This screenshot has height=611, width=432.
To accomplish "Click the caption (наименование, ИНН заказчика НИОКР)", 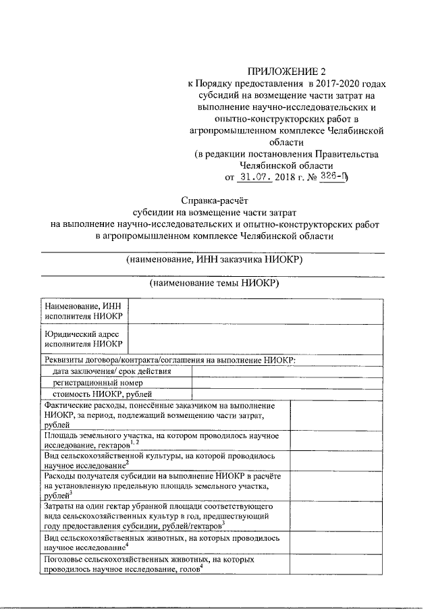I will point(215,260).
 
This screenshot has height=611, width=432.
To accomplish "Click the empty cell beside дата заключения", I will point(289,371).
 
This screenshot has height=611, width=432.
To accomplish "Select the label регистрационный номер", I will point(89,383).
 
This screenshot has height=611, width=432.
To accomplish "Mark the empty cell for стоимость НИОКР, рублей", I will point(289,394).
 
